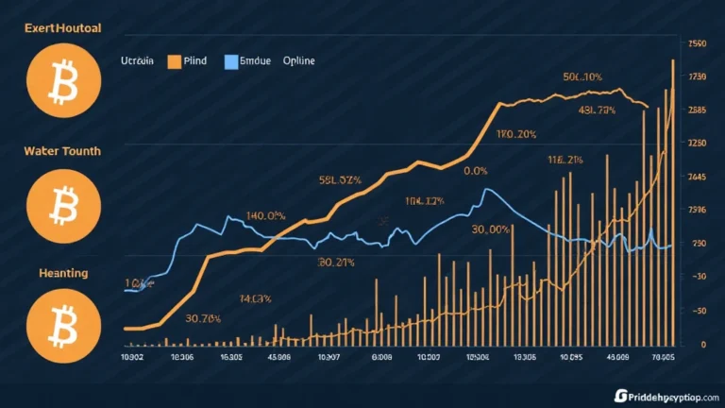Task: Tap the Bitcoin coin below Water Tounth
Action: click(53, 200)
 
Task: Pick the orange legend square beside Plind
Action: click(175, 61)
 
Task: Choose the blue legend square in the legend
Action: click(231, 61)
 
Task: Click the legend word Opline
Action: click(299, 60)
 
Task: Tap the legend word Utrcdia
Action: click(139, 60)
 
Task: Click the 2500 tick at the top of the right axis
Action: click(699, 43)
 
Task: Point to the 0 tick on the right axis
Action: click(702, 345)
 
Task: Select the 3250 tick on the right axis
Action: click(699, 144)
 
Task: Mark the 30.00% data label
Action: click(491, 229)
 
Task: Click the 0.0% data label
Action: click(475, 172)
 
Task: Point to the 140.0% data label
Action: click(265, 215)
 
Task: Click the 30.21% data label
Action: click(336, 262)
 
